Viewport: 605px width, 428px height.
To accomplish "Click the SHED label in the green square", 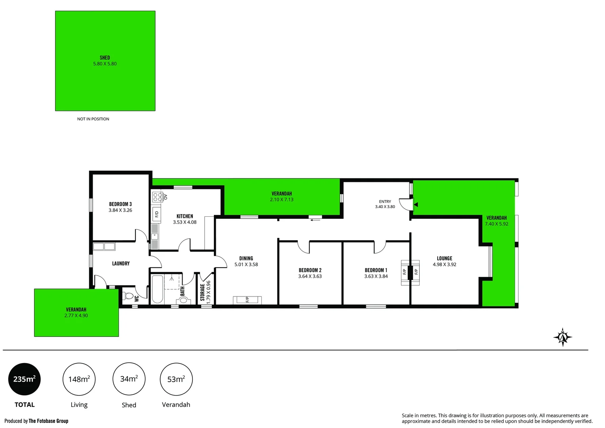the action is [105, 57].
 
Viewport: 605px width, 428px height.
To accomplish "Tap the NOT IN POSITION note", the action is [93, 119].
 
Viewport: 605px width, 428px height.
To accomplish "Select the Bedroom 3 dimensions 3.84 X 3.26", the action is [120, 210].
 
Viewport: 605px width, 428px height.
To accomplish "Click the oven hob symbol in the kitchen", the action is [158, 197].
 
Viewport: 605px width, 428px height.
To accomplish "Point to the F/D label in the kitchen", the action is [157, 214].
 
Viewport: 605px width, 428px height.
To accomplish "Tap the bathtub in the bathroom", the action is [158, 289].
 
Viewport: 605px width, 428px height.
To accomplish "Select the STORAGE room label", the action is [202, 292].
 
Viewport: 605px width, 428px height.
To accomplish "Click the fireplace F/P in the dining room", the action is [247, 300].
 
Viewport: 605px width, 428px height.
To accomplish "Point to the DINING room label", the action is [246, 258].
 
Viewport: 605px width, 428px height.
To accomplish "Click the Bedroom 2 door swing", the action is [304, 247].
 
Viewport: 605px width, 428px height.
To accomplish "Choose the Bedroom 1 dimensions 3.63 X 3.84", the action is [376, 276].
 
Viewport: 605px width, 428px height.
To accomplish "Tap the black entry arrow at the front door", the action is [416, 204].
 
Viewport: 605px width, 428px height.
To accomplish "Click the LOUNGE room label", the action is [445, 258].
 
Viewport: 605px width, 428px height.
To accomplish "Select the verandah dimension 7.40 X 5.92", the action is [497, 224].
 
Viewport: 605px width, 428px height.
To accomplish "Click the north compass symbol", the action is [563, 337].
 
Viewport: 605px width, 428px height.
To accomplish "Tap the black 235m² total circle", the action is [25, 379].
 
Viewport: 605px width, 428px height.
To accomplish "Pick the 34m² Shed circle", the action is [129, 379].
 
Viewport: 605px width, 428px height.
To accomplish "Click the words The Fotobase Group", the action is [49, 421].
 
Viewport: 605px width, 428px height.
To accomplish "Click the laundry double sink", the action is [104, 246].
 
